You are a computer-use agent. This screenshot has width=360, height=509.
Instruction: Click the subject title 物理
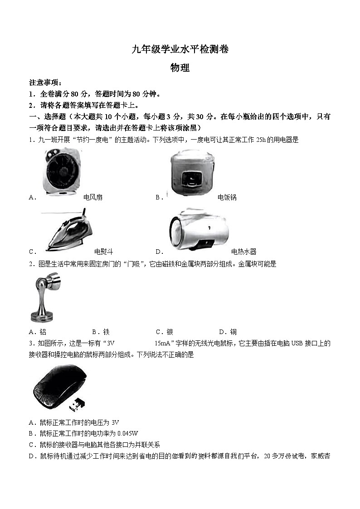180,68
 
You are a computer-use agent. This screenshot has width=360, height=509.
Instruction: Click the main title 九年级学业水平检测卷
180,49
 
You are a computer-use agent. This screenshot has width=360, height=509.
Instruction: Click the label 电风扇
93,197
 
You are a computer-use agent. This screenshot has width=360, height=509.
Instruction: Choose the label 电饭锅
227,197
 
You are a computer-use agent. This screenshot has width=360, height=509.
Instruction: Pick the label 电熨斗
103,252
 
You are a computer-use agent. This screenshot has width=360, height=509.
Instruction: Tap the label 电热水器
243,252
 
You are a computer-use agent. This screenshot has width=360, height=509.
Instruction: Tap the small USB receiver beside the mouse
79,403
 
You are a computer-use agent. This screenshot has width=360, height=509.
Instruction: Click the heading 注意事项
45,82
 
